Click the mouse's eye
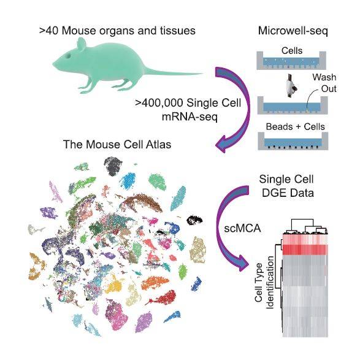(69, 56)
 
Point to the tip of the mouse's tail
(203, 74)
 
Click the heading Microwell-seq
(293, 31)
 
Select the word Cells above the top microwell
(292, 51)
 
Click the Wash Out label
(324, 83)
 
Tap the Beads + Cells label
(295, 126)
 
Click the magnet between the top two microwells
(291, 85)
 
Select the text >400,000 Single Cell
(188, 103)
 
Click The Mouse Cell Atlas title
(117, 144)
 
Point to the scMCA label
(242, 228)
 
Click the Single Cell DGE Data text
(287, 186)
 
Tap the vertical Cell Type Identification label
(264, 282)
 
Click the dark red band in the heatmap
(304, 250)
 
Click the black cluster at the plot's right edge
(194, 220)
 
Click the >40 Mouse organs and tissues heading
(117, 31)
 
